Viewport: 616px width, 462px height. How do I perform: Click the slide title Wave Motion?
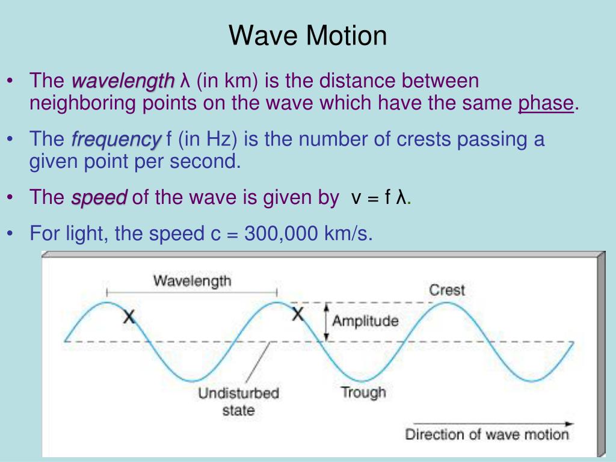pos(307,35)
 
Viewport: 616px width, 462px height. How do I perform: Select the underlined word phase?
pos(546,103)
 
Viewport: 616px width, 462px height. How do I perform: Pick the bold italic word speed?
pos(99,198)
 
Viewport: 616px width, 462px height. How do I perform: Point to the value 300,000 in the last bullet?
pos(282,233)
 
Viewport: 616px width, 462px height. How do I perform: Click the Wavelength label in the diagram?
pos(192,280)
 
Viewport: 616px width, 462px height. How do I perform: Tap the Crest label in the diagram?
pos(447,289)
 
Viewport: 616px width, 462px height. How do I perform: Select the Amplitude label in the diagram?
pos(365,321)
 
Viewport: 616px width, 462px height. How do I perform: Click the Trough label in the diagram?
pos(363,393)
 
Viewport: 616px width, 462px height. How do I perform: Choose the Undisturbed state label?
pos(239,402)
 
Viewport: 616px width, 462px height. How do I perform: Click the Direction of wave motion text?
pos(487,434)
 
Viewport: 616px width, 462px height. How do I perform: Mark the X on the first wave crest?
pos(129,317)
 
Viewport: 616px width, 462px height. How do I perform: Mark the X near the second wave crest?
pos(298,314)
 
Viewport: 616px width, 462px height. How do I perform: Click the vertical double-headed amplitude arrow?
pos(326,322)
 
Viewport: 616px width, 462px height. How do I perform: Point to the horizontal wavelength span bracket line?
pos(192,292)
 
